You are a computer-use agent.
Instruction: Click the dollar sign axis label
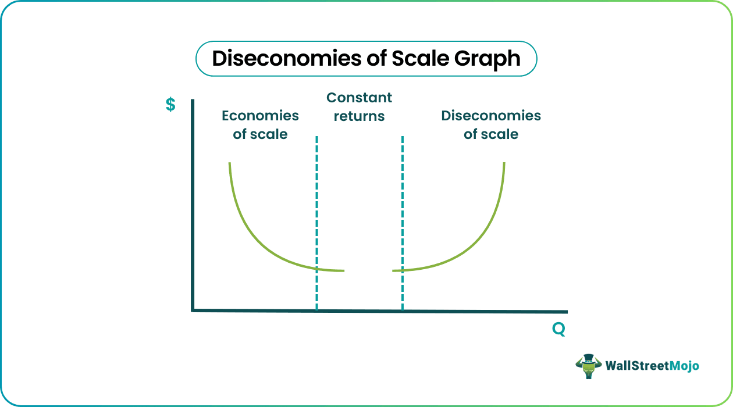[170, 105]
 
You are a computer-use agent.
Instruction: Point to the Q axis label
[558, 330]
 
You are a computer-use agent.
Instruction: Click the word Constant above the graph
[359, 98]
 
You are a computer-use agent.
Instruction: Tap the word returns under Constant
[359, 116]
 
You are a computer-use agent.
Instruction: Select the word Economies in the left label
[260, 116]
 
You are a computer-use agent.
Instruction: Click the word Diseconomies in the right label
[491, 116]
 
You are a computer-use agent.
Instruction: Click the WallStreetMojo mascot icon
[587, 366]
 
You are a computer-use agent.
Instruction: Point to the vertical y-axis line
[192, 203]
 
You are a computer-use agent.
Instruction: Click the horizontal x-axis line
[465, 311]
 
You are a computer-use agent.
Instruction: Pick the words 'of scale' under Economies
[260, 134]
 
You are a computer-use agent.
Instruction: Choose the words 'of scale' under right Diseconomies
[491, 134]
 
